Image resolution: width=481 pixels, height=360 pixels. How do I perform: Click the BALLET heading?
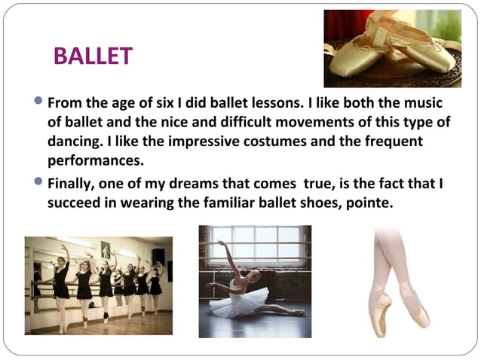(x=93, y=56)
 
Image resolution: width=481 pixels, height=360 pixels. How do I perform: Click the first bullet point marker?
(x=39, y=102)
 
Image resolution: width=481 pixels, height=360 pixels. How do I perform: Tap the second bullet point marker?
(x=39, y=182)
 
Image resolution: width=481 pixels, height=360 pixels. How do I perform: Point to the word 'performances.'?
(x=95, y=161)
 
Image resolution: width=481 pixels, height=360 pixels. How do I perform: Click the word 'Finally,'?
(x=72, y=183)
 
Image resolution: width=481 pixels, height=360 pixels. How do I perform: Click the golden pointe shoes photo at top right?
(x=392, y=48)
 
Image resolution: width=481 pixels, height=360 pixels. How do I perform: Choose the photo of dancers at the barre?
(x=98, y=285)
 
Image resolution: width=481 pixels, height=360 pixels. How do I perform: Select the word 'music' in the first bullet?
(x=421, y=102)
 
